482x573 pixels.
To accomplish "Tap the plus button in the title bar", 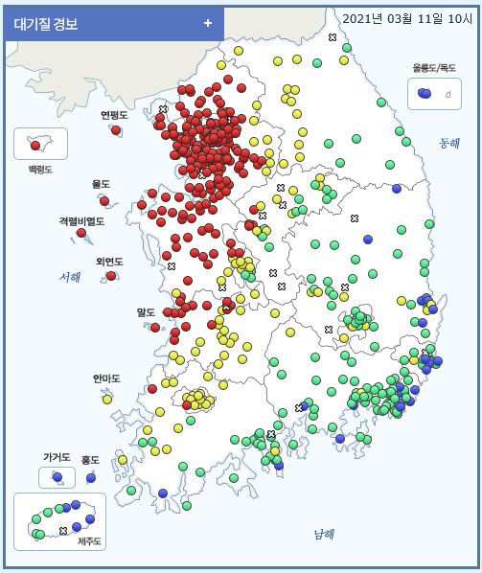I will click(208, 23).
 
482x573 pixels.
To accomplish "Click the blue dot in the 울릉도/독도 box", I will click(425, 93).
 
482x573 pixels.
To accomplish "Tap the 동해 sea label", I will click(449, 142).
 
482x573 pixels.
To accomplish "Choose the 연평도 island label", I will click(114, 115).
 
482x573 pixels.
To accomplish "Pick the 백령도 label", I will click(40, 170).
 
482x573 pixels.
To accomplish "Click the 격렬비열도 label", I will click(81, 220).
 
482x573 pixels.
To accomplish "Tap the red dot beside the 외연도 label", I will click(112, 276).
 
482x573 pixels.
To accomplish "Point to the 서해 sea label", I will click(69, 277).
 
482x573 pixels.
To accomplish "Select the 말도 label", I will click(146, 312).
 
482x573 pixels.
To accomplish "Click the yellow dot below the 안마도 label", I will click(107, 398).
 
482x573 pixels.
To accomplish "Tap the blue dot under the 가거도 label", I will click(57, 476).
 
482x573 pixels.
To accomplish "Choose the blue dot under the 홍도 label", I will click(91, 477).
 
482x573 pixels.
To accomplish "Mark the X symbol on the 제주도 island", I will click(63, 530).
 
